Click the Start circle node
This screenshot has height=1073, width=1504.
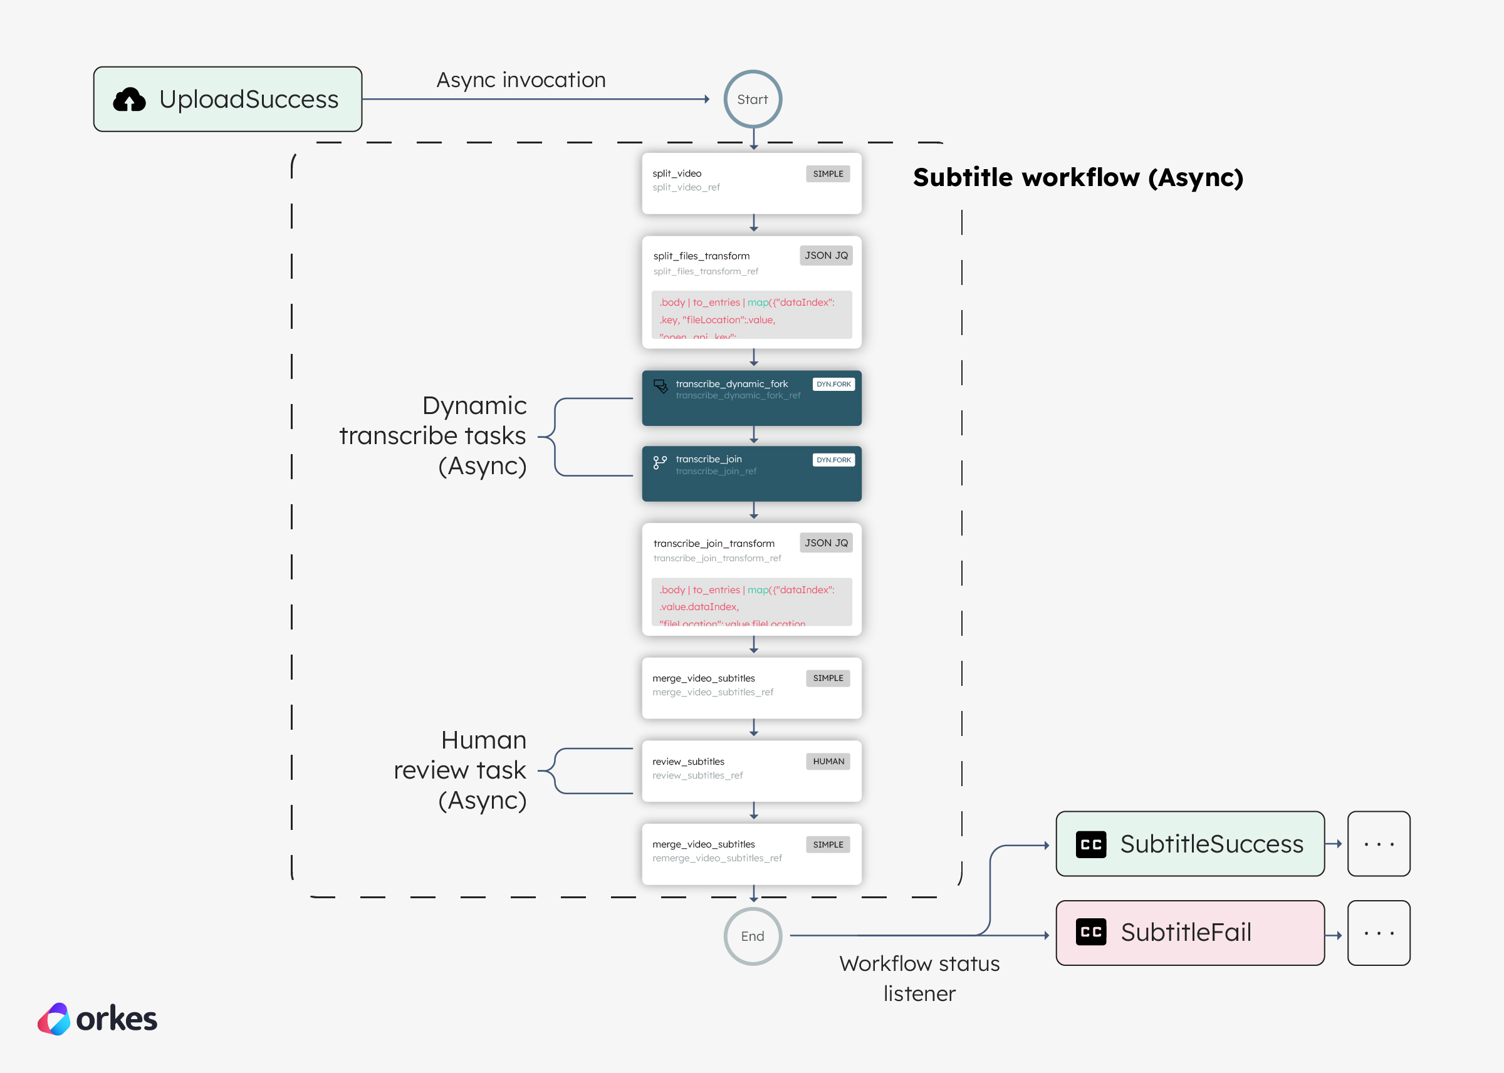753,99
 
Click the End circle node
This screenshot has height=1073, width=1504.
753,936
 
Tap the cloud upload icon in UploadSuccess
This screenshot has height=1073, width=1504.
130,100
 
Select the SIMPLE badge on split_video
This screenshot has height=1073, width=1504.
827,174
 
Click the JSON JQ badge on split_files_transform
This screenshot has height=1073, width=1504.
826,256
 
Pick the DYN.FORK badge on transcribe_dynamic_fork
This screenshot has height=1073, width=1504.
833,384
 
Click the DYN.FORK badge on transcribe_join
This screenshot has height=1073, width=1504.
833,460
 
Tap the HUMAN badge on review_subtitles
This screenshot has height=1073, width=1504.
828,761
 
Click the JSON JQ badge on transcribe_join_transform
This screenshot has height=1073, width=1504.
826,542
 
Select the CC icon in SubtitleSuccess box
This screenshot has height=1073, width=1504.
1091,844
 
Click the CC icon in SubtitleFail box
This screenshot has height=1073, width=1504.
1091,932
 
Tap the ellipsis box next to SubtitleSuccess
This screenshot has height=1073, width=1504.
1379,844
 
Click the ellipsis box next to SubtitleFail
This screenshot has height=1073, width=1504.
1379,933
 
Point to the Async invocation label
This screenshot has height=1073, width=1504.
521,80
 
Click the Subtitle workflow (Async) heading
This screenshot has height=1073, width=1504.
1078,177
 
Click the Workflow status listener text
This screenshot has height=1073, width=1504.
919,978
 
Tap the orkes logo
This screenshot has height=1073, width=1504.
98,1019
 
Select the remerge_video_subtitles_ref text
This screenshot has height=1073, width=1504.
717,858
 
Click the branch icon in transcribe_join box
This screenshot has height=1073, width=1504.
659,462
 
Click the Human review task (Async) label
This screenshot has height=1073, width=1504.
461,770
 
